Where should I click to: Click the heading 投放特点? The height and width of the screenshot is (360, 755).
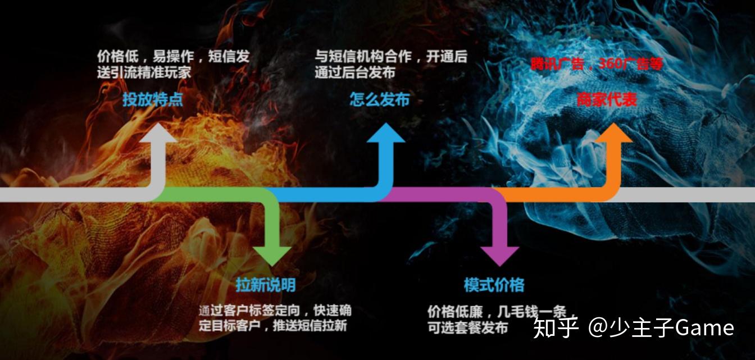[x=153, y=100]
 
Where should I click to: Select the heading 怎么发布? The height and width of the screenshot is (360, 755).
[x=380, y=100]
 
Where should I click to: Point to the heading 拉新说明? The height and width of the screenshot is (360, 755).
[x=266, y=285]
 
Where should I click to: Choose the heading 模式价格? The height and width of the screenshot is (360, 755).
[x=494, y=285]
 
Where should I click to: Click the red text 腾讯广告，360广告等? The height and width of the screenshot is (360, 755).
[x=597, y=64]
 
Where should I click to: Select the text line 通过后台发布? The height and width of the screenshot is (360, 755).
[x=355, y=72]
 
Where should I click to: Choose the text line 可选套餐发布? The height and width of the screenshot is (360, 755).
[x=467, y=328]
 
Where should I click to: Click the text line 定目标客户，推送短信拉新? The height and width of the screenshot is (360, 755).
[x=273, y=326]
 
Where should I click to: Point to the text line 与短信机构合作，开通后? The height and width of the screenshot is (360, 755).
[x=391, y=57]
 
